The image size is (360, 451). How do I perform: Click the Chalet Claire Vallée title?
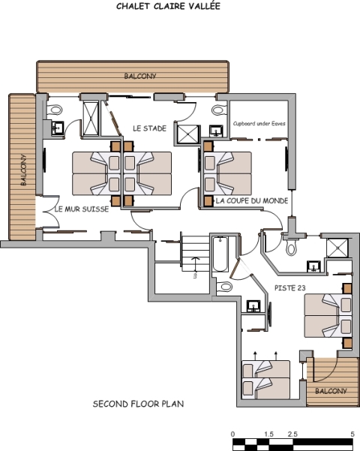tap(168, 6)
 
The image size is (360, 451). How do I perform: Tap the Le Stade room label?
tap(149, 128)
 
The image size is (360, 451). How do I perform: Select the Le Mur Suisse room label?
tap(82, 209)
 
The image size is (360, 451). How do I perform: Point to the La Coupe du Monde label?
tap(252, 200)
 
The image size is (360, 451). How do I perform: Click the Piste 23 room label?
tap(289, 288)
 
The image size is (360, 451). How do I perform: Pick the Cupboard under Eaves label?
tap(259, 123)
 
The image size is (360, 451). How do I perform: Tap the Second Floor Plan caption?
tap(138, 404)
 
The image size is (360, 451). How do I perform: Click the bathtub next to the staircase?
tap(220, 254)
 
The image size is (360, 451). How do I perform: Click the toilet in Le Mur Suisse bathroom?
tap(55, 110)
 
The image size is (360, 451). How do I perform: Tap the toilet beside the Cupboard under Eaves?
tap(219, 110)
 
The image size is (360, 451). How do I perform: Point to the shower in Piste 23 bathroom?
tap(337, 248)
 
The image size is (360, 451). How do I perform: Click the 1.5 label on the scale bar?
tap(268, 434)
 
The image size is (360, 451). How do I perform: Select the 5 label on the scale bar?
tap(352, 434)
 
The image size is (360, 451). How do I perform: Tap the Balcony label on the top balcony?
tap(140, 76)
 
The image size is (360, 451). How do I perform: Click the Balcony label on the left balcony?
tap(23, 170)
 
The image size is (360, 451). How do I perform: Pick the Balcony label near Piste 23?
tap(331, 391)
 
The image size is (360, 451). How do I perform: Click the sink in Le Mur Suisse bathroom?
tap(58, 128)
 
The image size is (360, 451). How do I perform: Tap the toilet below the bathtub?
tap(224, 287)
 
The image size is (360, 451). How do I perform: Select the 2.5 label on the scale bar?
tap(292, 434)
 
